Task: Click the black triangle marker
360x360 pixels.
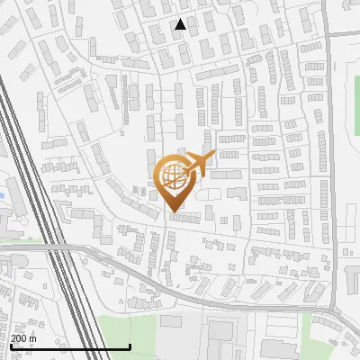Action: coord(181,24)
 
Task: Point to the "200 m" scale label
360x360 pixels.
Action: coord(23,338)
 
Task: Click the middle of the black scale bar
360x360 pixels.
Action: coord(70,346)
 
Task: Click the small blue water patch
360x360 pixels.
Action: coord(3,193)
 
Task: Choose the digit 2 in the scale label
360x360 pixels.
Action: coord(13,338)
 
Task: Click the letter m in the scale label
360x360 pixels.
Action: coord(32,338)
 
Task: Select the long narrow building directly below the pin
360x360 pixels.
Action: coord(185,217)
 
